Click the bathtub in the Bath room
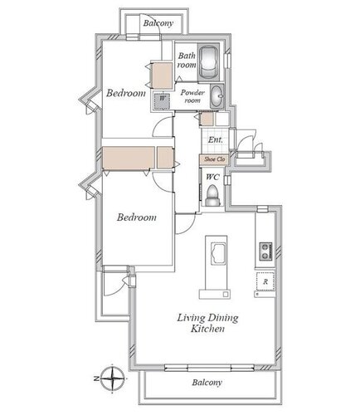(x=208, y=62)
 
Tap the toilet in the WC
(x=212, y=195)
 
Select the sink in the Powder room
(x=217, y=95)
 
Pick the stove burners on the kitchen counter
(x=265, y=251)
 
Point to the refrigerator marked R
(x=265, y=281)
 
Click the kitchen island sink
(x=218, y=254)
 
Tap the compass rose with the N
(x=112, y=378)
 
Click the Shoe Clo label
(x=215, y=159)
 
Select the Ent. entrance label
(x=215, y=139)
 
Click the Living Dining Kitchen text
(x=207, y=323)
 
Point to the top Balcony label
(x=158, y=23)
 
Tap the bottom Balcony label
(x=207, y=383)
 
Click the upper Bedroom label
(x=126, y=93)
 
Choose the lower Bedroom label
(x=137, y=217)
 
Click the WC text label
(x=212, y=177)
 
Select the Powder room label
(x=192, y=96)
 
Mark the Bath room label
(x=187, y=60)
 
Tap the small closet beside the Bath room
(x=163, y=76)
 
